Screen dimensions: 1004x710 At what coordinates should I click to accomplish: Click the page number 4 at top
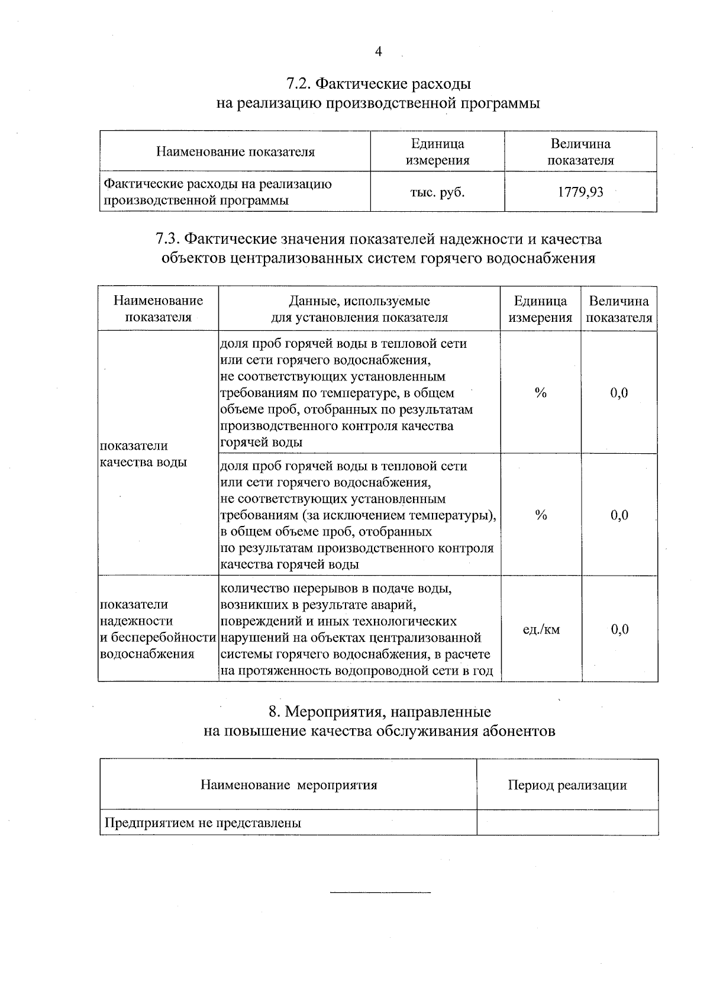379,52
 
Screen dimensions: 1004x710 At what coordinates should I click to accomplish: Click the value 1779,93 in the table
580,192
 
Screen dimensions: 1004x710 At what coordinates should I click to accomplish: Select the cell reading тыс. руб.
437,192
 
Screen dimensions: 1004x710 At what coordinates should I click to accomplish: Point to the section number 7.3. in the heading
167,239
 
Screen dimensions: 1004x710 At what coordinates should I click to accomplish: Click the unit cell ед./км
541,629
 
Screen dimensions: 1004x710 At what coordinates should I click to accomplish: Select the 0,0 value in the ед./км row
619,629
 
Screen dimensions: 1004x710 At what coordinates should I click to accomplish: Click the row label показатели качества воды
142,454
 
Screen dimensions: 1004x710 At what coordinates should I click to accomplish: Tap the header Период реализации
567,785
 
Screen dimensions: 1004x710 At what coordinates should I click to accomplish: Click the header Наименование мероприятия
289,785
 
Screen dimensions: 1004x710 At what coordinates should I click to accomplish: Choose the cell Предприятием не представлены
203,823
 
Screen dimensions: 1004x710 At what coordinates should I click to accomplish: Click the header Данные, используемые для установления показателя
359,309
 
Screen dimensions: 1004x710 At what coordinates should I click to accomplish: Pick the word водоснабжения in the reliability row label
147,654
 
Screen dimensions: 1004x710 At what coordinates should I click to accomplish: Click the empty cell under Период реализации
567,823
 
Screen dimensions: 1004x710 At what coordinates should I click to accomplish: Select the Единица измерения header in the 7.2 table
437,152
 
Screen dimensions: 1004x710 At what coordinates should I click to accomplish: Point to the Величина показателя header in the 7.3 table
619,309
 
